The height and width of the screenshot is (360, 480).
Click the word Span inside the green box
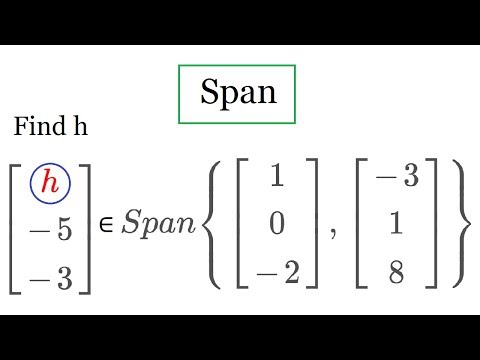238,92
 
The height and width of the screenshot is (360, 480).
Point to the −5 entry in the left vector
50,231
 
